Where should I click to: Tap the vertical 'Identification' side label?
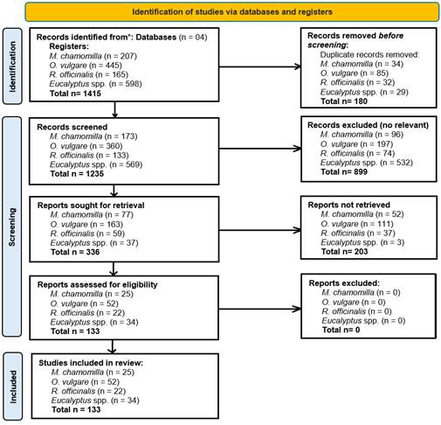(x=12, y=66)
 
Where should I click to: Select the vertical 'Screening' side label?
(x=12, y=227)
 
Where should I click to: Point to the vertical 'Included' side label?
(x=13, y=387)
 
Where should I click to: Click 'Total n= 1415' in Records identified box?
(x=75, y=94)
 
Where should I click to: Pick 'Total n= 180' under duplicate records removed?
(x=344, y=101)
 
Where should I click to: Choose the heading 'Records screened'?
(x=72, y=127)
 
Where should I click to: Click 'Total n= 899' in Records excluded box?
(x=344, y=171)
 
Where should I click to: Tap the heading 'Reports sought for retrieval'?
(x=91, y=206)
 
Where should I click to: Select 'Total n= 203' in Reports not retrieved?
(x=344, y=251)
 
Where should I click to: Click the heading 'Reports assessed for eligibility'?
(x=97, y=284)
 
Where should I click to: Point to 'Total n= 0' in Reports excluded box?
(x=341, y=330)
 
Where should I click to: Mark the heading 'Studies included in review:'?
(x=91, y=363)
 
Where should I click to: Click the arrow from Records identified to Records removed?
(x=260, y=66)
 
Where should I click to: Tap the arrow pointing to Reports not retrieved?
(x=260, y=230)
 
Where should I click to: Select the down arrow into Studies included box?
(x=113, y=346)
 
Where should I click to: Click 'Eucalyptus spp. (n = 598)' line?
(x=95, y=84)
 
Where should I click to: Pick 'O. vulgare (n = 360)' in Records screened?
(x=86, y=146)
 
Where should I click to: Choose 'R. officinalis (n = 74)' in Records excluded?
(x=357, y=153)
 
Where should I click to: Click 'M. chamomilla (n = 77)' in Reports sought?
(x=92, y=214)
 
